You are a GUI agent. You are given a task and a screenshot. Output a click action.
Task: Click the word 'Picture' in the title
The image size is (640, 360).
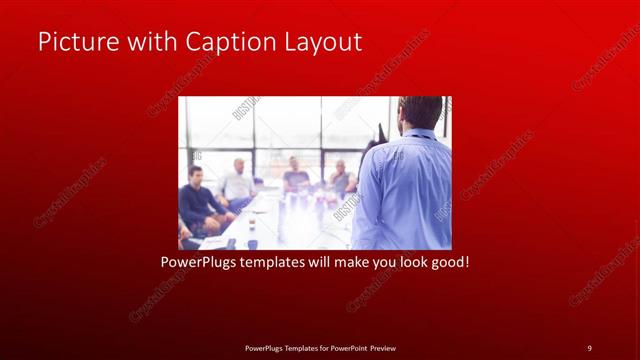point(76,42)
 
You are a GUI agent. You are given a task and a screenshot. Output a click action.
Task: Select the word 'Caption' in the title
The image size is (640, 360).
point(226,42)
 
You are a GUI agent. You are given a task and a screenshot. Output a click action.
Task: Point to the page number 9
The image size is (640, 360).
point(589,347)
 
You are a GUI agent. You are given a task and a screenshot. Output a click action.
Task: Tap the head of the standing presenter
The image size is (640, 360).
point(419,111)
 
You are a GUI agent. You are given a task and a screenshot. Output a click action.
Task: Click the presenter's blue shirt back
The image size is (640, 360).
point(405,190)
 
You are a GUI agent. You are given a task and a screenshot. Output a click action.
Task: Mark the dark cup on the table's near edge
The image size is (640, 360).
point(231,243)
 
